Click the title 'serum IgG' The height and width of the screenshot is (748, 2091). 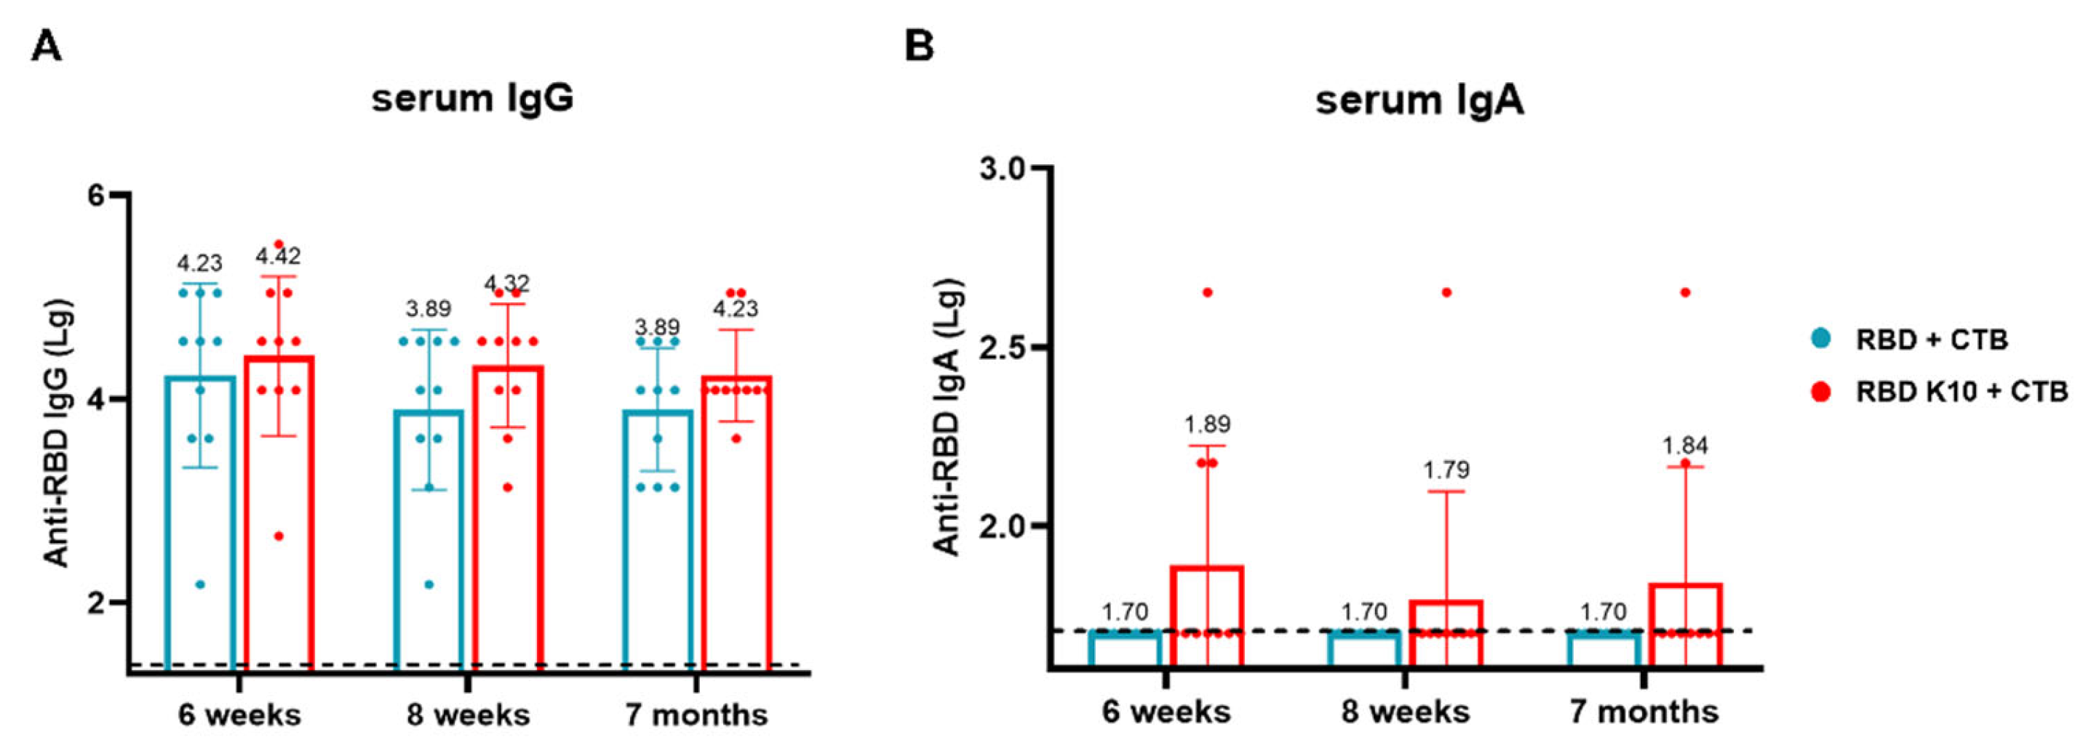(x=472, y=99)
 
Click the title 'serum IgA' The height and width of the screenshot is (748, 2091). (x=1419, y=100)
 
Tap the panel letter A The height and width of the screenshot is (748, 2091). (x=47, y=47)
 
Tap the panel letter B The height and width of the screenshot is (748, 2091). (x=919, y=47)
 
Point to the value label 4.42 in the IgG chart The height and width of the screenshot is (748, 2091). (x=279, y=257)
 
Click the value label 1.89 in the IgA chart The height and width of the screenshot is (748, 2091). (x=1206, y=425)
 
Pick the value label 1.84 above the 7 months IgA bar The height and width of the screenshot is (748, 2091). (x=1685, y=446)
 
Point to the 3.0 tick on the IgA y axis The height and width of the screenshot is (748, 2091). (x=1004, y=168)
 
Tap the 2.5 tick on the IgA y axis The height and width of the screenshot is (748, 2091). (x=1004, y=347)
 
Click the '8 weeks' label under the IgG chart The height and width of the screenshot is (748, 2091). (x=469, y=715)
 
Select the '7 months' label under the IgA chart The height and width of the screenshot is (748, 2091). (x=1644, y=712)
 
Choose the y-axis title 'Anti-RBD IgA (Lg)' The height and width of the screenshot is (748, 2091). (x=947, y=418)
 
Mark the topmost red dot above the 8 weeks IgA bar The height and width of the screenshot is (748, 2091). (x=1446, y=292)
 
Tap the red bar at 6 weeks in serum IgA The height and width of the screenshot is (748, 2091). (x=1206, y=616)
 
